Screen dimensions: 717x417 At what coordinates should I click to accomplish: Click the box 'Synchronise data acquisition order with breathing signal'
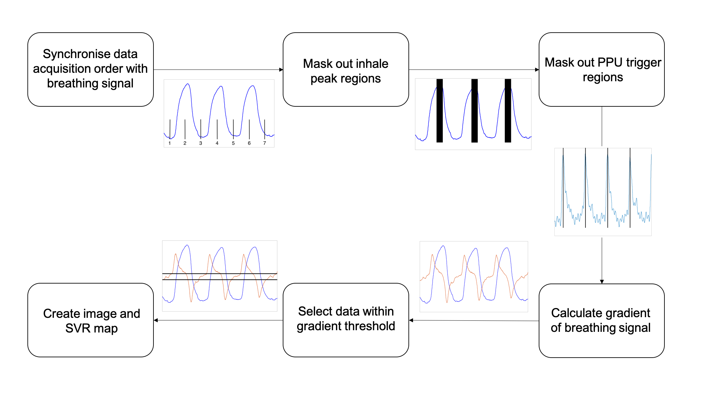pyautogui.click(x=90, y=69)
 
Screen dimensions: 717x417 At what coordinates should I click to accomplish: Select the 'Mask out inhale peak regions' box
pyautogui.click(x=345, y=69)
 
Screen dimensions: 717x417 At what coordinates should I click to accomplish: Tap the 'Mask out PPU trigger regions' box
pyautogui.click(x=601, y=69)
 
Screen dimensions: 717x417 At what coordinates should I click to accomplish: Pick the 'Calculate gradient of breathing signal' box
pyautogui.click(x=601, y=320)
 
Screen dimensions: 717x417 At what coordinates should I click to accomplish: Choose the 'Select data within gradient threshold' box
pyautogui.click(x=345, y=320)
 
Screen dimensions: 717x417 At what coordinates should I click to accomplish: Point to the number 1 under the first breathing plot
pyautogui.click(x=169, y=143)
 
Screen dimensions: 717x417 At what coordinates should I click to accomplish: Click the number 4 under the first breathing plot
pyautogui.click(x=217, y=143)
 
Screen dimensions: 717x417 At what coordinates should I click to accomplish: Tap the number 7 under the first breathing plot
pyautogui.click(x=264, y=143)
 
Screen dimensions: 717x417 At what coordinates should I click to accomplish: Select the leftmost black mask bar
pyautogui.click(x=439, y=111)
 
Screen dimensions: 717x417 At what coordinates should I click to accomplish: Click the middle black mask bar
pyautogui.click(x=474, y=111)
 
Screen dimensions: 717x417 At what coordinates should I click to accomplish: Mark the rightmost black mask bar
pyautogui.click(x=508, y=111)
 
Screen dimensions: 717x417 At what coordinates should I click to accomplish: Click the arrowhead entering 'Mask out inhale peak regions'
pyautogui.click(x=281, y=69)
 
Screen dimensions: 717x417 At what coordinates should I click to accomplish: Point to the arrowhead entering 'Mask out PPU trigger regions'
pyautogui.click(x=537, y=69)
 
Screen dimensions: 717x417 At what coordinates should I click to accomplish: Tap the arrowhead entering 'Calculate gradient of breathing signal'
pyautogui.click(x=602, y=282)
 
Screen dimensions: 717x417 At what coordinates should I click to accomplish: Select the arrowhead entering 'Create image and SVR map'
pyautogui.click(x=156, y=320)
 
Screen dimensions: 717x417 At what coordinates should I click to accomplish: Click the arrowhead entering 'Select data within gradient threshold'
pyautogui.click(x=411, y=320)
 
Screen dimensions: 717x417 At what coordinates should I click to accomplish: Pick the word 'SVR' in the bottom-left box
pyautogui.click(x=78, y=328)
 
